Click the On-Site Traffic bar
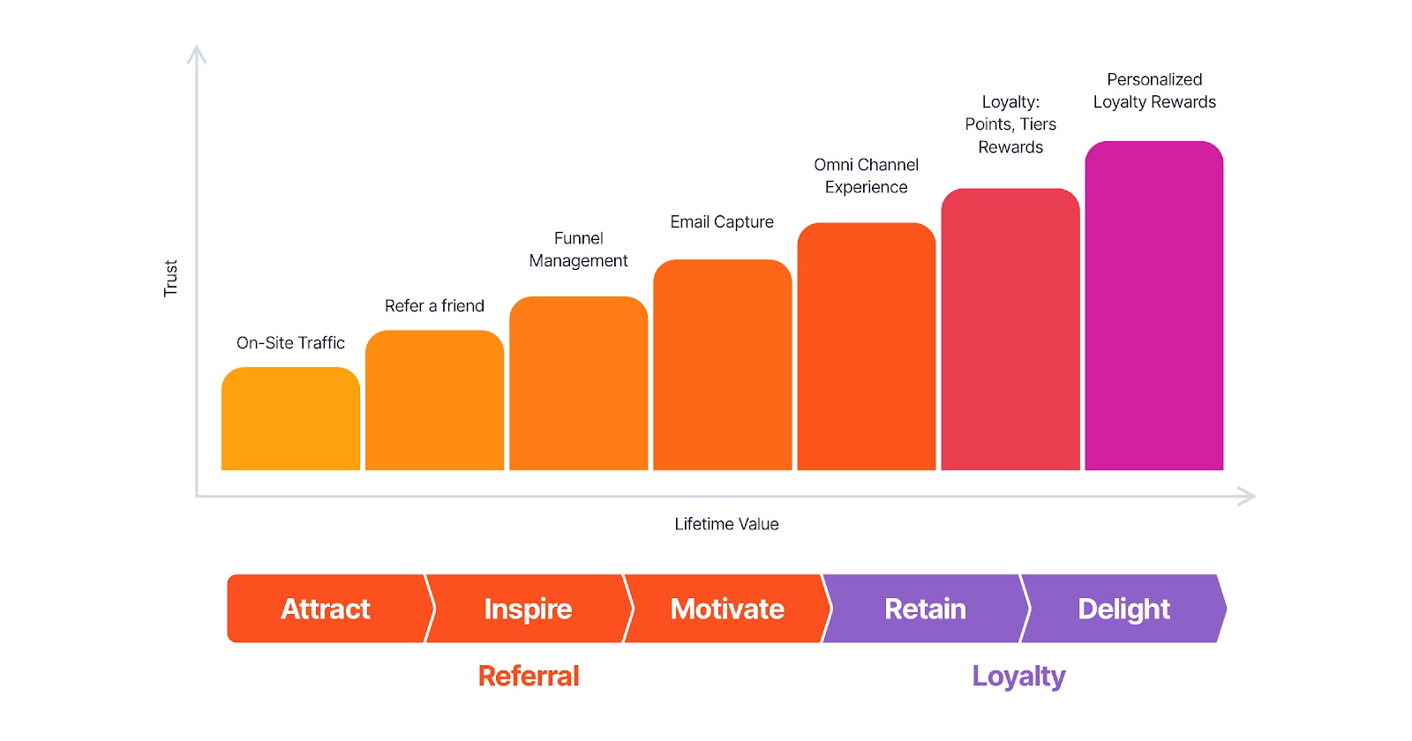(290, 418)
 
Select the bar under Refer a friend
(434, 400)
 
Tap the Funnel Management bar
(579, 383)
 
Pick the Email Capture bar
(723, 365)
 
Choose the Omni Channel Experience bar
(866, 347)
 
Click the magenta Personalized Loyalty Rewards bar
(1154, 305)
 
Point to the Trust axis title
(171, 278)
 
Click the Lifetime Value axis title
(726, 524)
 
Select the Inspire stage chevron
(529, 609)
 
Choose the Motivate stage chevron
(727, 609)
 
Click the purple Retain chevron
(926, 609)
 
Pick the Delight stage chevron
(1124, 609)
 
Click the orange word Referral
(529, 676)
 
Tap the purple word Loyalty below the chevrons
(1018, 677)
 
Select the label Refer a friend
(434, 305)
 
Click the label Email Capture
(722, 221)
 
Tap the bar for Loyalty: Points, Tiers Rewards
(1010, 329)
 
